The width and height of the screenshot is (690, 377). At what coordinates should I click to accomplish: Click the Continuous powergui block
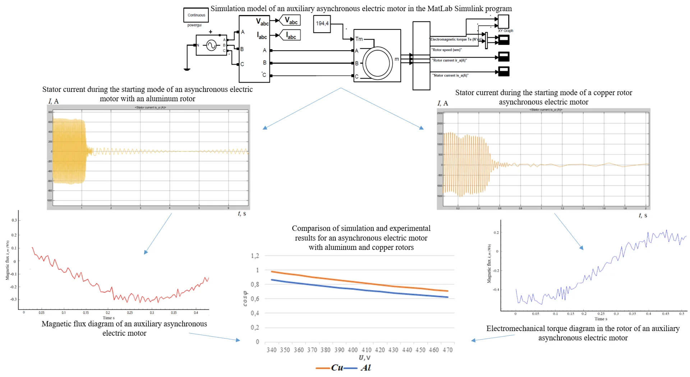(x=196, y=15)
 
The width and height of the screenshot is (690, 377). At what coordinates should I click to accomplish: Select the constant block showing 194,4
(x=322, y=24)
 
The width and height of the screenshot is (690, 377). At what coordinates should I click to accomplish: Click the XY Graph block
(x=503, y=22)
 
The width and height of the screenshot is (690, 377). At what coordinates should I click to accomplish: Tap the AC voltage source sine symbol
(x=211, y=45)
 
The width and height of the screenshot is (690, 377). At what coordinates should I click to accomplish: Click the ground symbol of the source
(x=187, y=69)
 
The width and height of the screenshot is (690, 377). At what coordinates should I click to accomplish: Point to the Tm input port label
(x=359, y=39)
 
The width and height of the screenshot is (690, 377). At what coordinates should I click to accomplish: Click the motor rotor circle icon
(x=377, y=63)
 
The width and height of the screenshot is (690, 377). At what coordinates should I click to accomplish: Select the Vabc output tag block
(x=290, y=20)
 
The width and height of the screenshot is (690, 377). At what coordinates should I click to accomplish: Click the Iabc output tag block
(x=290, y=35)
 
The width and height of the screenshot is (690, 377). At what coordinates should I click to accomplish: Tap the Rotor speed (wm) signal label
(x=447, y=50)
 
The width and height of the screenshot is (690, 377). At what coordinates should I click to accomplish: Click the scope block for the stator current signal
(x=504, y=71)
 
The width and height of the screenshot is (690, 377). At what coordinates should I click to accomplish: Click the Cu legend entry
(x=337, y=368)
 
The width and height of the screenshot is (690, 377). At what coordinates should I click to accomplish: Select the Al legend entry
(x=366, y=368)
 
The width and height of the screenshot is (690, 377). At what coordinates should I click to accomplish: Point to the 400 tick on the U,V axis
(x=353, y=350)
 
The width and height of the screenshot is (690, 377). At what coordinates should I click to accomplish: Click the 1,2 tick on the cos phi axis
(x=255, y=256)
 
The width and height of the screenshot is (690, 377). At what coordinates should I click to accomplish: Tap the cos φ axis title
(x=245, y=299)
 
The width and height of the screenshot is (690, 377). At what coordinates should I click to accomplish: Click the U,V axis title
(x=364, y=358)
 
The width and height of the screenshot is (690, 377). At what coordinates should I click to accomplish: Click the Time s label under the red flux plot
(x=109, y=318)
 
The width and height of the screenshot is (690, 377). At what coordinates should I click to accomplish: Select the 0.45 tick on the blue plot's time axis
(x=666, y=314)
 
